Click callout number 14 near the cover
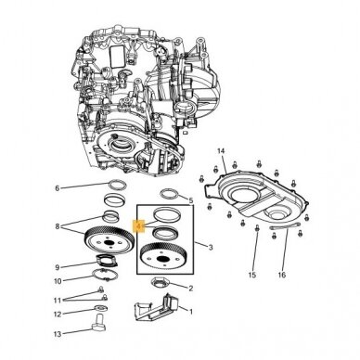221,151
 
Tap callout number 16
282,275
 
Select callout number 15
252,275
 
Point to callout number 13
58,334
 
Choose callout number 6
57,188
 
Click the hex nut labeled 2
161,283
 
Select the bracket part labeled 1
156,308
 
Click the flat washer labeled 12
101,308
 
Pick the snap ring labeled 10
105,275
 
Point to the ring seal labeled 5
170,195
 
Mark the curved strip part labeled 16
285,225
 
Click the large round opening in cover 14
245,196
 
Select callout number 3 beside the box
211,248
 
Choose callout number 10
58,281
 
